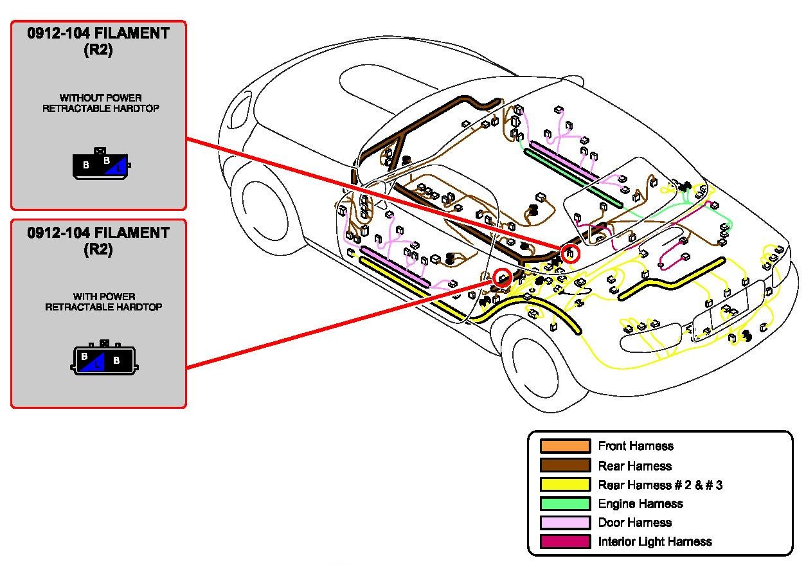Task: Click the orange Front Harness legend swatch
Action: point(565,446)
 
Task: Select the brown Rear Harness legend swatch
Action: point(565,465)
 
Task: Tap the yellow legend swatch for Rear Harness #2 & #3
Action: point(565,484)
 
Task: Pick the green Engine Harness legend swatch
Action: point(565,503)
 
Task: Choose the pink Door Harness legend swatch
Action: point(565,523)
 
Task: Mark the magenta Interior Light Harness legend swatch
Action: point(565,542)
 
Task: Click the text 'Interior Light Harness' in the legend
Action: point(654,542)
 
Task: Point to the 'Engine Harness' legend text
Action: point(640,503)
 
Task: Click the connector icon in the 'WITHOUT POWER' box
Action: point(102,164)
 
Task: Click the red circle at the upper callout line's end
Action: point(570,253)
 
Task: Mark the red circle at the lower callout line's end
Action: point(502,278)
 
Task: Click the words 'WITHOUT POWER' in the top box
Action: point(100,98)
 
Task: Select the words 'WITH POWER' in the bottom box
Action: point(104,296)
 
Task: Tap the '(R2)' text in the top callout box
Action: point(98,50)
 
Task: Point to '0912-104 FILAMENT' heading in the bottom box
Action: point(98,233)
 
